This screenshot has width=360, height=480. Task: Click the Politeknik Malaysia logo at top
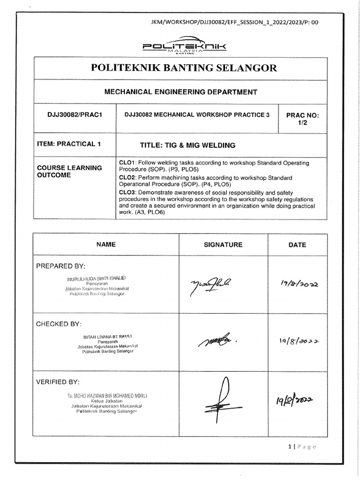click(184, 47)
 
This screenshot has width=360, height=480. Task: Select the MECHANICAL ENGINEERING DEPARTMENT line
click(180, 92)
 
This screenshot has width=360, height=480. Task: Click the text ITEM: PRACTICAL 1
click(69, 144)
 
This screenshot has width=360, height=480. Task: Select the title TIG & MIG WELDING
click(187, 145)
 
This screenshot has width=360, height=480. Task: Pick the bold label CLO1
click(127, 162)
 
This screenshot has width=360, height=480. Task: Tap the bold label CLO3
click(127, 192)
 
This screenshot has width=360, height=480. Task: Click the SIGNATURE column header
click(223, 245)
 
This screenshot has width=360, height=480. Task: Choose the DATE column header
click(298, 245)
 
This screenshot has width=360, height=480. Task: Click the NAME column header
click(106, 244)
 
